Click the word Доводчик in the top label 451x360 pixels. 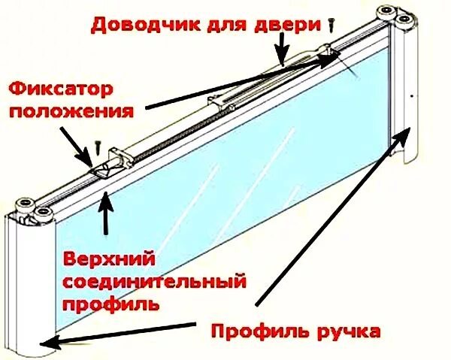(x=135, y=25)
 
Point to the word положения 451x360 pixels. (x=74, y=111)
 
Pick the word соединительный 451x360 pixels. (x=154, y=283)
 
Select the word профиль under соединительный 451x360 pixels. (x=110, y=306)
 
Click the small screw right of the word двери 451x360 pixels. (x=331, y=26)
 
